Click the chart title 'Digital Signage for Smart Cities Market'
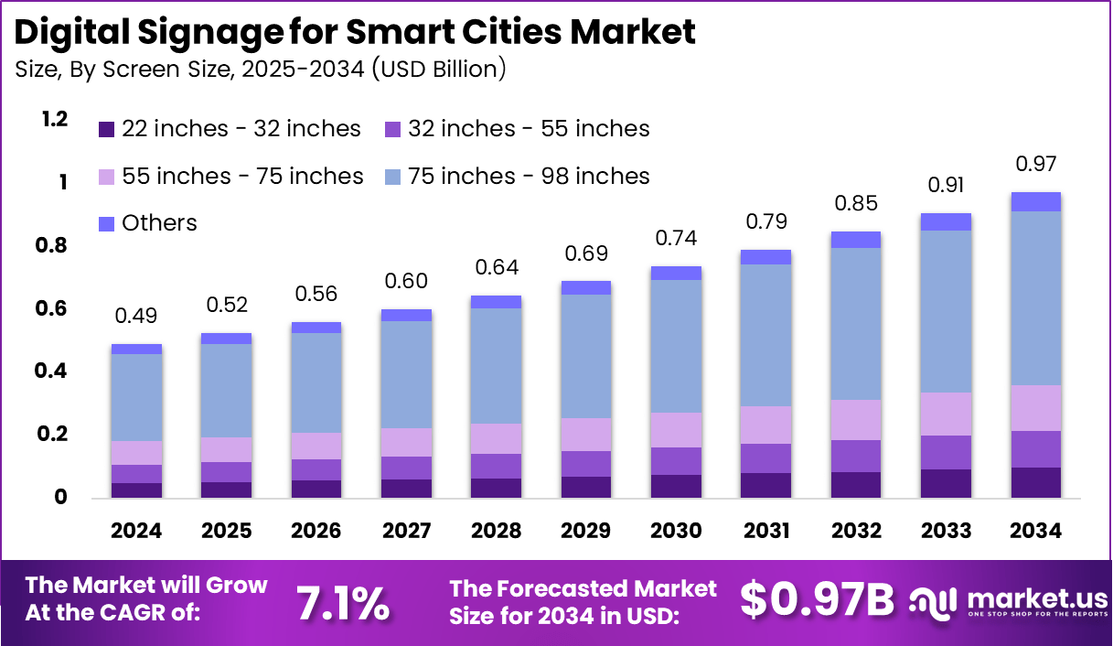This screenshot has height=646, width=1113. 355,31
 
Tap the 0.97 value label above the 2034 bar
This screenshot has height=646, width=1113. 1036,165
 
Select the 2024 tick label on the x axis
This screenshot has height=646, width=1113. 136,532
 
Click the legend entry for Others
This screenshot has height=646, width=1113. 147,222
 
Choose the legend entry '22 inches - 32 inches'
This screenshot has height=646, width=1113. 230,129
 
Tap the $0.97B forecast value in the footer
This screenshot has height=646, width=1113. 816,599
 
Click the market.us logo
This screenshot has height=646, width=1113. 1006,602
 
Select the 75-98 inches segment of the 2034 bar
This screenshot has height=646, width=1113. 1036,297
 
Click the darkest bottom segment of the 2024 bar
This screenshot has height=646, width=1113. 136,490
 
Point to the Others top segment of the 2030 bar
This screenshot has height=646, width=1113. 676,273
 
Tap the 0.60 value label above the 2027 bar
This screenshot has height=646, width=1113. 406,282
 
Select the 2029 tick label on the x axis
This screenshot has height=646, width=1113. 586,532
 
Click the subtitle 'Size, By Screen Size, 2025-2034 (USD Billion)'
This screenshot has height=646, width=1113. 261,69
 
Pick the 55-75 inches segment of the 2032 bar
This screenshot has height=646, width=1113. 856,420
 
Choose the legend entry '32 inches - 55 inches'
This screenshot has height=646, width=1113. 517,129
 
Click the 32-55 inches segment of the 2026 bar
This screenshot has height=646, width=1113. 316,469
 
